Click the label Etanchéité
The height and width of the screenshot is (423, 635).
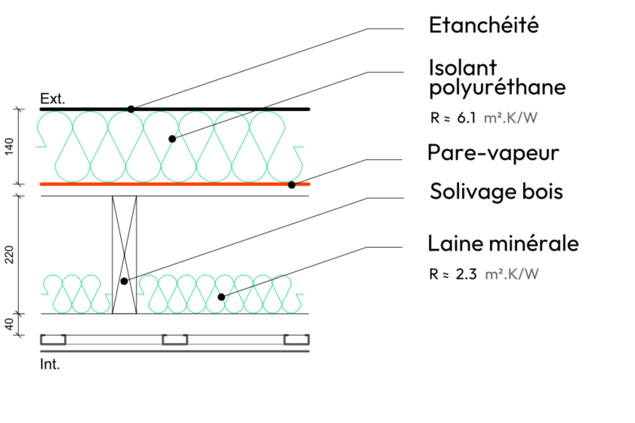coord(483,25)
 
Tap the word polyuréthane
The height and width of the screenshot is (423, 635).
coord(496,88)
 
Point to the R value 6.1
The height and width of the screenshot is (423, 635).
coord(467,117)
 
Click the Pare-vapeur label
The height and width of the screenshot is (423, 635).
coord(492,153)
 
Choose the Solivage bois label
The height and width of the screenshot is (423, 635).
coord(496,191)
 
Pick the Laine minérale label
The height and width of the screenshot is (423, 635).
coord(503,244)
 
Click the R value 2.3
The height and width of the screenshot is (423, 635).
coord(467,273)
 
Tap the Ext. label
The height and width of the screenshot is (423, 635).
coord(53,99)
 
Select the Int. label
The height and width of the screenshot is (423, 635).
coord(49,365)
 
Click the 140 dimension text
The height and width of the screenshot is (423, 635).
coord(9,147)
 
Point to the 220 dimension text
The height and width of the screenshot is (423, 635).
coord(9,255)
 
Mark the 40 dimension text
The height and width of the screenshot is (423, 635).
coord(9,324)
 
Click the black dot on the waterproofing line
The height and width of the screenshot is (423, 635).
coord(131,110)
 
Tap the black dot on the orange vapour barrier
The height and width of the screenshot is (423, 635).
coord(291,184)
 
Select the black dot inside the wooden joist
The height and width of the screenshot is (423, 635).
coord(124,281)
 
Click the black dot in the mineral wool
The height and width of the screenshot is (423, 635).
coord(221,297)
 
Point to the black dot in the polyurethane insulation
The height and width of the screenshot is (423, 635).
coord(172,139)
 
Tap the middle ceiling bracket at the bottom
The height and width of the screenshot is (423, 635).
coord(175,340)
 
